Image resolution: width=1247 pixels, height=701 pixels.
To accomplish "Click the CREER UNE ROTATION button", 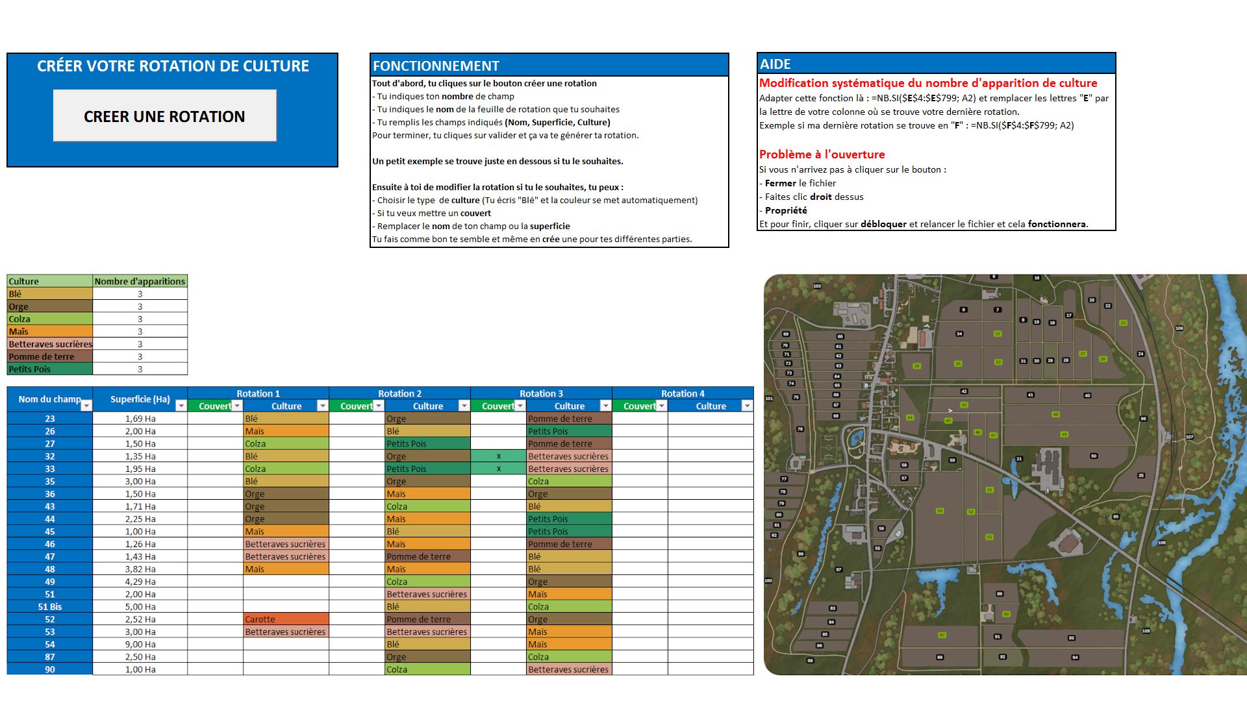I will pyautogui.click(x=164, y=116).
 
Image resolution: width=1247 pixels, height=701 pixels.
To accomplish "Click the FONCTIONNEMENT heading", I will pyautogui.click(x=436, y=66).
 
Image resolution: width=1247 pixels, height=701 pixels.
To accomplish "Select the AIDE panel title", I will pyautogui.click(x=775, y=64).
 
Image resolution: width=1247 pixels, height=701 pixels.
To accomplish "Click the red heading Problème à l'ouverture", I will pyautogui.click(x=822, y=154).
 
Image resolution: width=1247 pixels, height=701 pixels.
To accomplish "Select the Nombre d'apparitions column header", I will pyautogui.click(x=140, y=281).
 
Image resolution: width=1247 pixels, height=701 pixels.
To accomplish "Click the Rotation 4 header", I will pyautogui.click(x=683, y=393).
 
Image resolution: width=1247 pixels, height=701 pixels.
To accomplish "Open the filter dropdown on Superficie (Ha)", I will pyautogui.click(x=181, y=406).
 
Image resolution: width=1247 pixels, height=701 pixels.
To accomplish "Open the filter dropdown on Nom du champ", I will pyautogui.click(x=86, y=406).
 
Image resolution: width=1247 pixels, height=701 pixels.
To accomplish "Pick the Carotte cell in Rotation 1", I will pyautogui.click(x=286, y=619).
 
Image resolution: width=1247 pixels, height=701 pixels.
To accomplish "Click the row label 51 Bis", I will pyautogui.click(x=50, y=607).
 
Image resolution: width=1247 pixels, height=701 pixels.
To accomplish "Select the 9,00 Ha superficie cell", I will pyautogui.click(x=140, y=645).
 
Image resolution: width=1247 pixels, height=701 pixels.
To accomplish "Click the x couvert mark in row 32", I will pyautogui.click(x=498, y=456).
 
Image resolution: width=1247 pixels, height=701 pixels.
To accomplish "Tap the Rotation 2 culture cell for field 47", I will pyautogui.click(x=427, y=556).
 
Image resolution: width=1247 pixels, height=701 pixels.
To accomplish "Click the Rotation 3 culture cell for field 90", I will pyautogui.click(x=568, y=669).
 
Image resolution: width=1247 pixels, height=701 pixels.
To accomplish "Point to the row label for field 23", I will pyautogui.click(x=50, y=419).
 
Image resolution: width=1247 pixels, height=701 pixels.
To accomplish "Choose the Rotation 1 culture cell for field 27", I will pyautogui.click(x=286, y=444).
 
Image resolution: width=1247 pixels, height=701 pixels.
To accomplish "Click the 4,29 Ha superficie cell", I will pyautogui.click(x=140, y=582).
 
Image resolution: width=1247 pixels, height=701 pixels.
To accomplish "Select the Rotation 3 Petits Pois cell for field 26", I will pyautogui.click(x=568, y=431).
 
